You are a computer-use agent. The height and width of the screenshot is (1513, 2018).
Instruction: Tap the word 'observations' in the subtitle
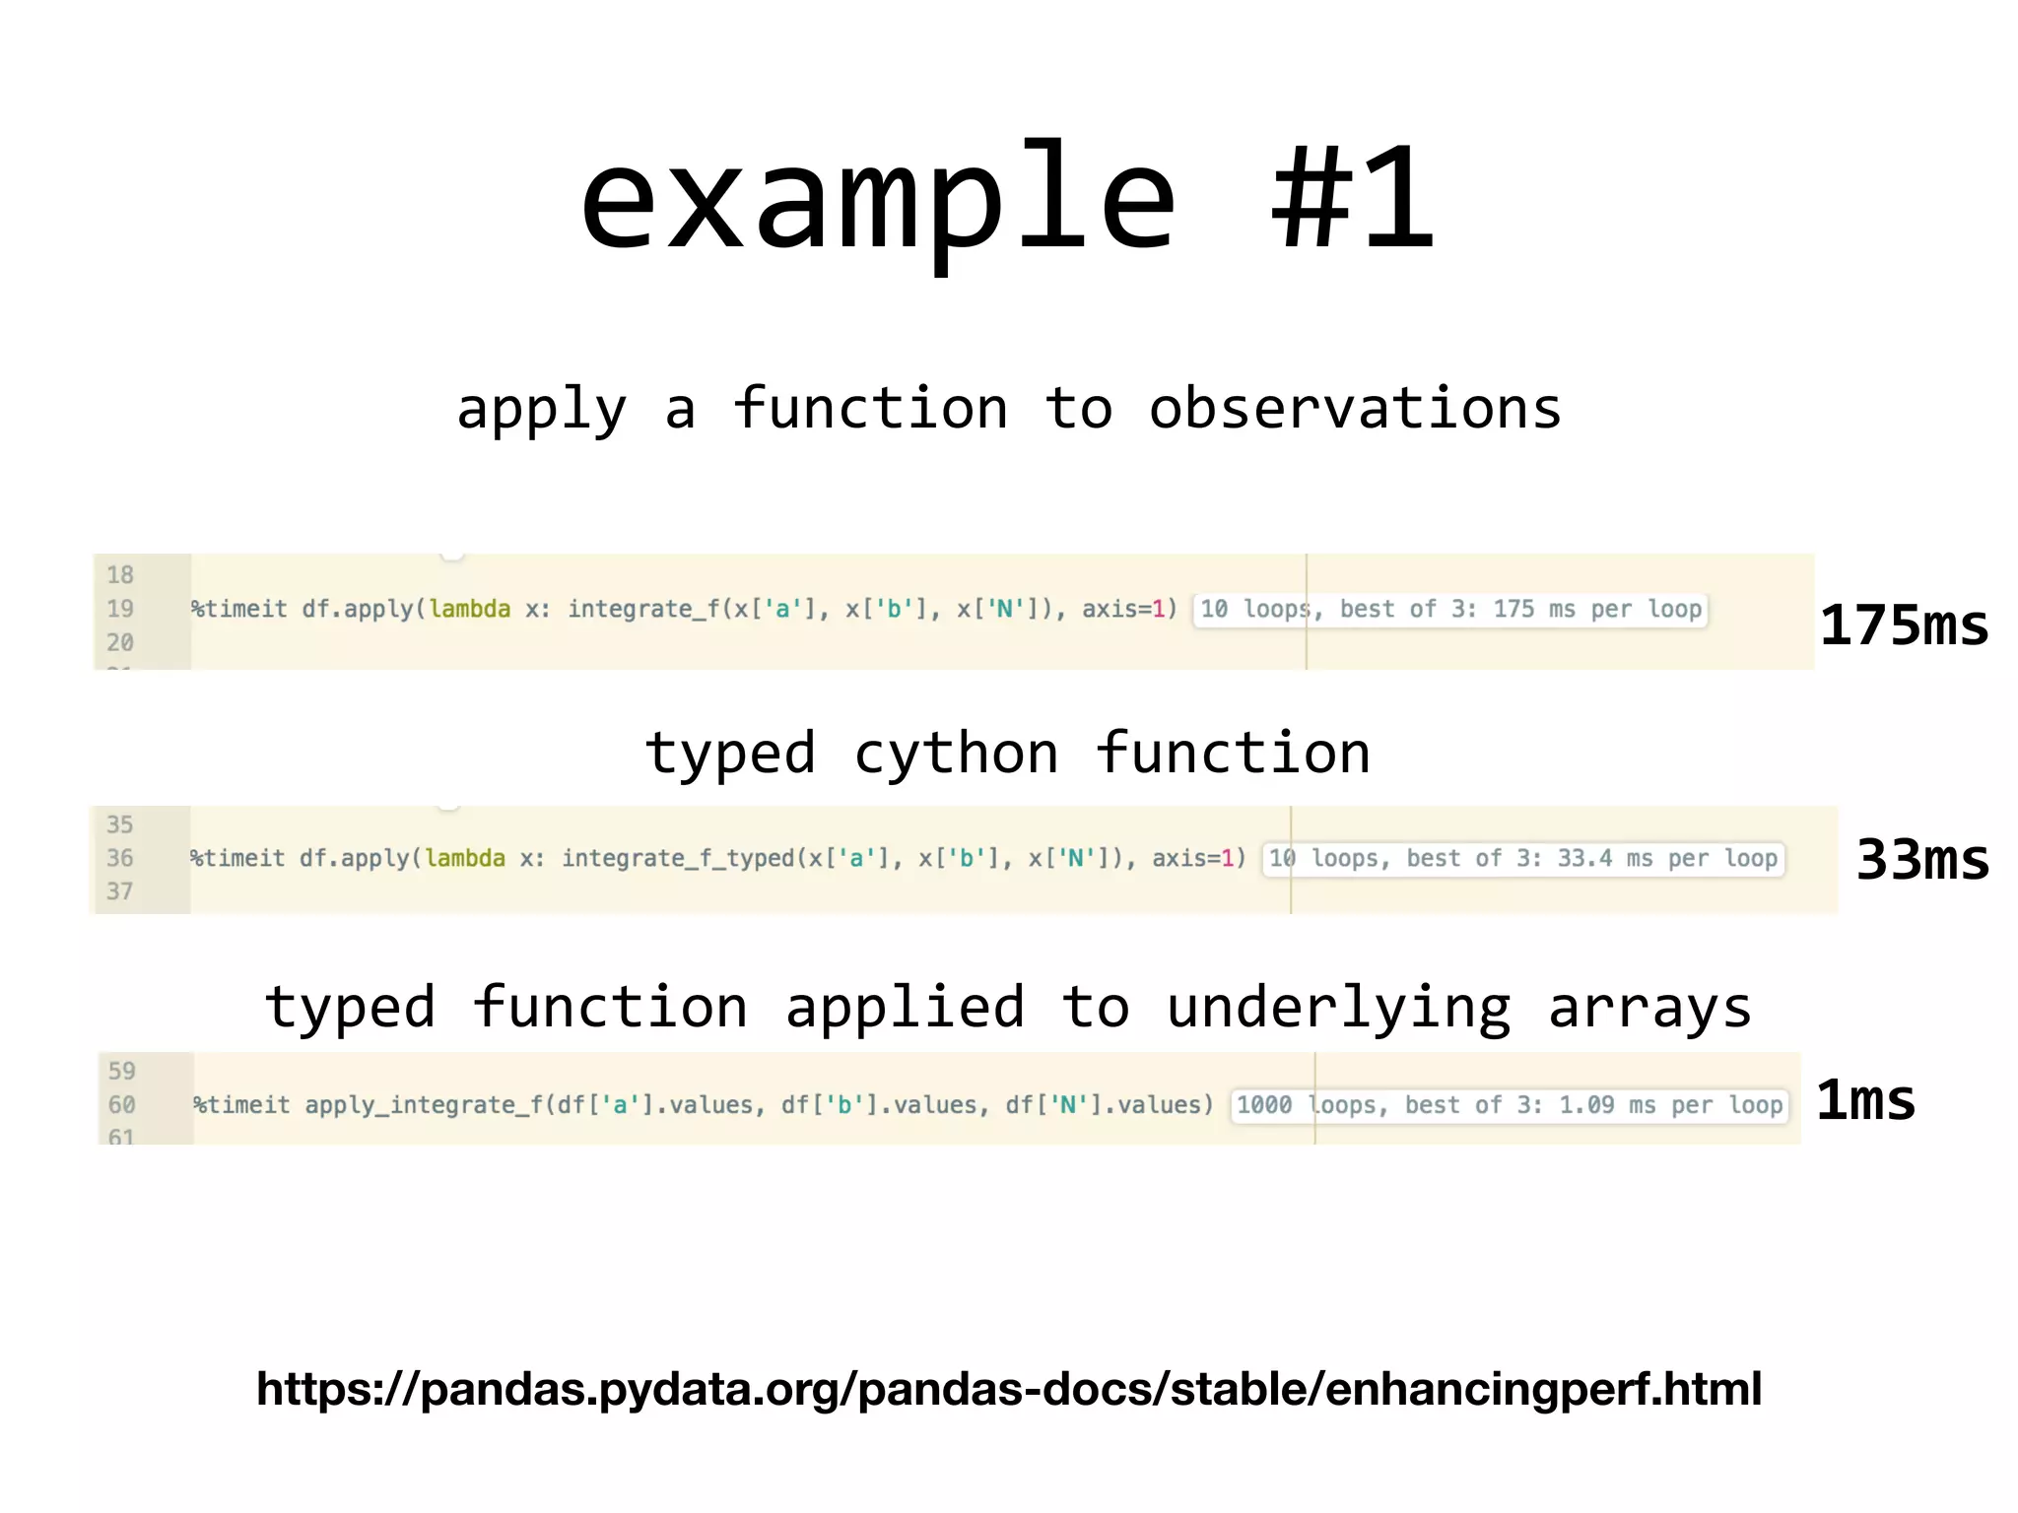(x=1355, y=408)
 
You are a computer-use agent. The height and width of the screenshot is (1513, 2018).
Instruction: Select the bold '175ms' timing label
(x=1904, y=625)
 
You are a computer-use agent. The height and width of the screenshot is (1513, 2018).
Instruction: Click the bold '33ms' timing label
(x=1922, y=859)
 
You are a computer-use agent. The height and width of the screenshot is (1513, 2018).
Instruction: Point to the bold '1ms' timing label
(x=1865, y=1100)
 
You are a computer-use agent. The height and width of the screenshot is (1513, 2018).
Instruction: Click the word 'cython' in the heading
(x=956, y=755)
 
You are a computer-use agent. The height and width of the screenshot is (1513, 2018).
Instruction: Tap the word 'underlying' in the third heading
(x=1338, y=1009)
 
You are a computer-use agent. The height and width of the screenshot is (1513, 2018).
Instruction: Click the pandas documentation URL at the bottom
(x=1008, y=1389)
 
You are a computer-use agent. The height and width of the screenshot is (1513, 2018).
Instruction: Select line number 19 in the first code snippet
(x=120, y=609)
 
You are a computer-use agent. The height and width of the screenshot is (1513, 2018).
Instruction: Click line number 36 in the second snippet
(x=120, y=858)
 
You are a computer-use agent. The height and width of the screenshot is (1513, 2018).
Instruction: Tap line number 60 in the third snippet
(x=121, y=1105)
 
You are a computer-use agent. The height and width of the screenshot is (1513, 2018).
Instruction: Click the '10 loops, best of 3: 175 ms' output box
(x=1449, y=610)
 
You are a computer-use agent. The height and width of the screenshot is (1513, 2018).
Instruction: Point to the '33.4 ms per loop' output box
(x=1523, y=859)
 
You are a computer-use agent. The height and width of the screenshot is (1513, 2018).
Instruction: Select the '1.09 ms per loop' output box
(x=1510, y=1105)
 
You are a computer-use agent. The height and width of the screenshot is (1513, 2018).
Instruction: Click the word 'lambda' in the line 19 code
(x=470, y=610)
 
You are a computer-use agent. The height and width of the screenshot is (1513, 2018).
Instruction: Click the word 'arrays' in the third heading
(x=1649, y=1009)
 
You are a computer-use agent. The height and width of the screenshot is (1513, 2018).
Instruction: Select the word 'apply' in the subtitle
(x=541, y=410)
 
